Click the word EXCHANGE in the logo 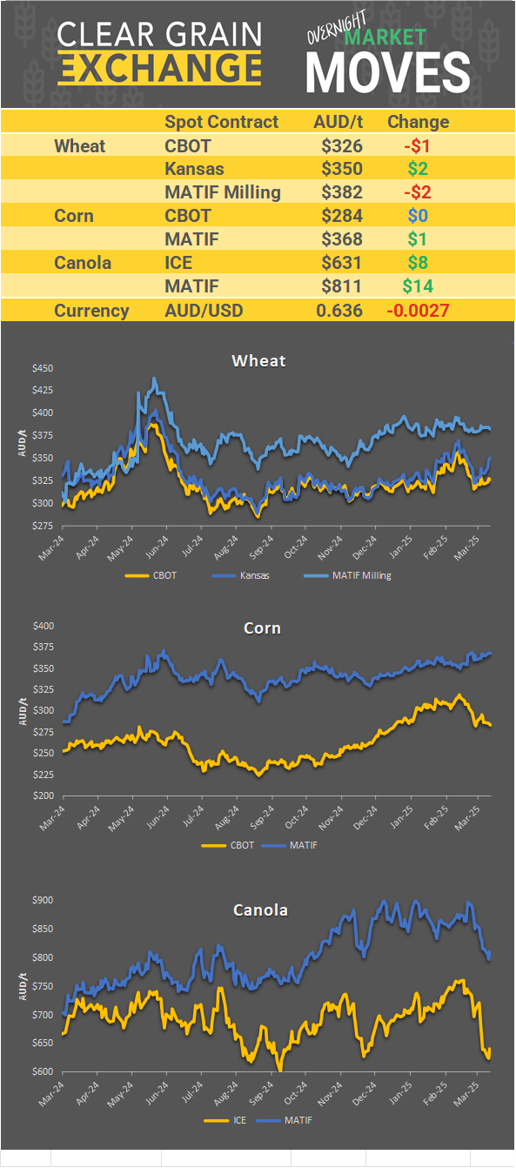pos(159,68)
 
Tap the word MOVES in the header pos(388,71)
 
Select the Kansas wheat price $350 pos(341,169)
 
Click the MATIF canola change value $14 pos(418,285)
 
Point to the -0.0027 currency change pos(418,311)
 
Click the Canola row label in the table pos(83,263)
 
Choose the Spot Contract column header pos(221,122)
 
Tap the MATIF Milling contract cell pos(222,192)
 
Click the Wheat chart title pos(258,360)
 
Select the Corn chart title pos(262,628)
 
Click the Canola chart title pos(260,910)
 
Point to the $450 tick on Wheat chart pos(43,368)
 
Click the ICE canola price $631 pos(341,263)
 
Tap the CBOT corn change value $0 pos(418,216)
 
